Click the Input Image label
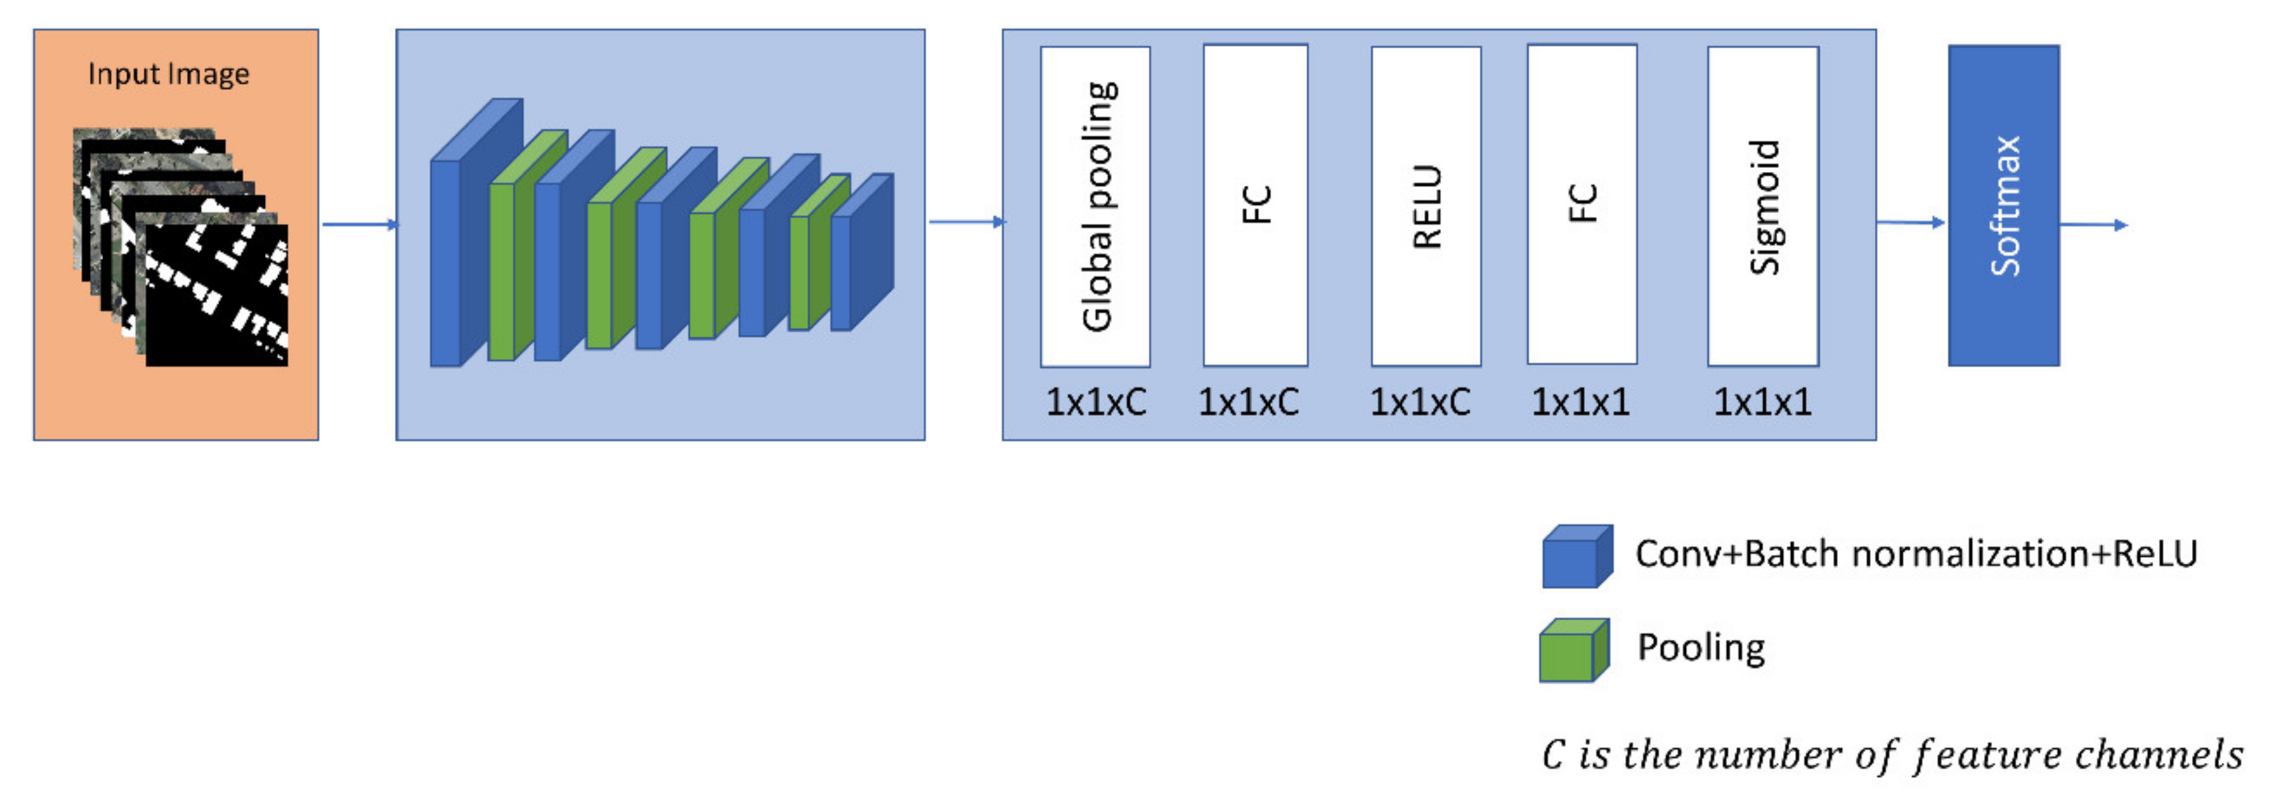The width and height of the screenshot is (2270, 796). click(x=168, y=74)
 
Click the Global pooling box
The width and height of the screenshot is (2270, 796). click(x=1095, y=206)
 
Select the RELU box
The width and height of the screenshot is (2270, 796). click(x=1425, y=206)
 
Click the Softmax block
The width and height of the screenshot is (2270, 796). click(x=2003, y=206)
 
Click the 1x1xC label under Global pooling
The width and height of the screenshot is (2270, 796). click(x=1095, y=403)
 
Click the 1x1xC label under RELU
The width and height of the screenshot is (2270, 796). click(x=1419, y=403)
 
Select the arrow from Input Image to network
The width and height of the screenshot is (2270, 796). click(x=359, y=224)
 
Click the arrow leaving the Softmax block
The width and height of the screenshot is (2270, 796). click(x=2093, y=225)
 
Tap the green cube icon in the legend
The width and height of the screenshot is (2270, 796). click(x=1573, y=651)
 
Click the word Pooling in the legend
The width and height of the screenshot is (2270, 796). click(x=1701, y=648)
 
